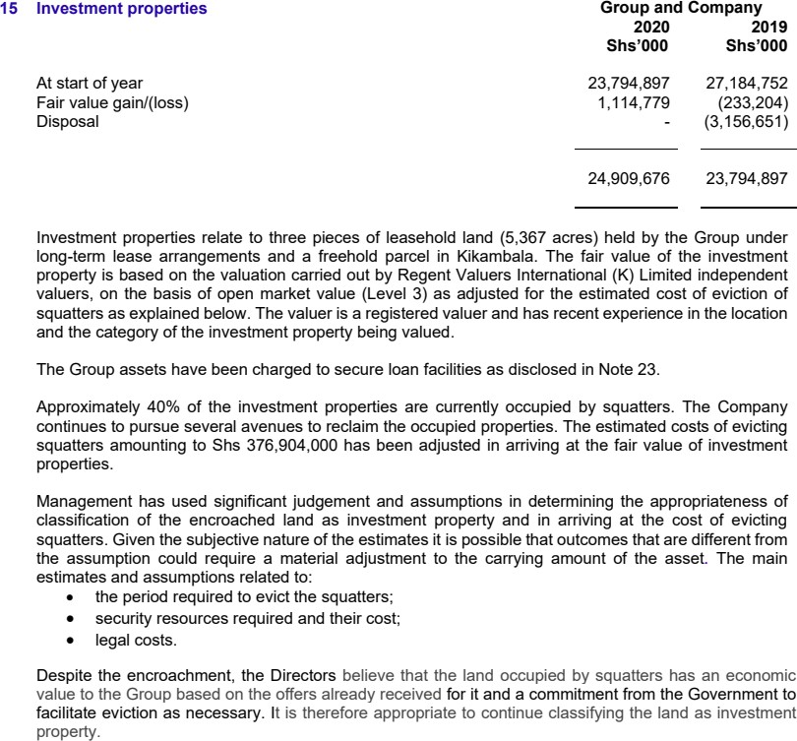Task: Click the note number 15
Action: (12, 10)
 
